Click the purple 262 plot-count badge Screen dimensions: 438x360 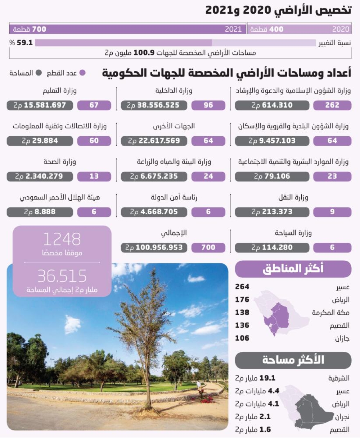point(332,105)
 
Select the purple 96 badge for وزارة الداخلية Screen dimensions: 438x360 point(208,105)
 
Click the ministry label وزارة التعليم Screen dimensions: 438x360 point(60,91)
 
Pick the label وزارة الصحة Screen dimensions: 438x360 point(60,162)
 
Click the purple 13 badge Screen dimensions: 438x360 point(94,177)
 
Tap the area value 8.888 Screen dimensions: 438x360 point(40,212)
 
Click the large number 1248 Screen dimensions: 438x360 point(62,239)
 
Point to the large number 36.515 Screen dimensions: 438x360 point(62,276)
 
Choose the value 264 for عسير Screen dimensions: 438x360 point(242,287)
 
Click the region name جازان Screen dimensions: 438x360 point(342,338)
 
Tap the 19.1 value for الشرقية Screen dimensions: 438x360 point(267,378)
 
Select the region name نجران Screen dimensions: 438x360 point(342,417)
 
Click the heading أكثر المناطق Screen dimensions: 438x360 point(293,269)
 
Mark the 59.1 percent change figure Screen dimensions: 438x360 point(24,43)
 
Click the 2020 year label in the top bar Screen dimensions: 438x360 point(341,29)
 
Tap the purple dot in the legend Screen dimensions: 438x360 point(82,73)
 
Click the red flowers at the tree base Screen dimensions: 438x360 point(207,399)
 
